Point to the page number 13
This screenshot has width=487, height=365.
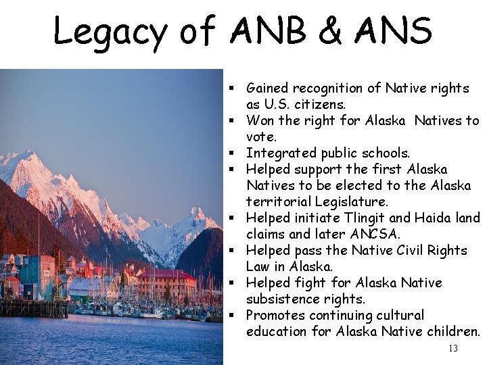[453, 349]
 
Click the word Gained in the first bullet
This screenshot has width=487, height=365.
[266, 88]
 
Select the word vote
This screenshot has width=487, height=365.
[261, 137]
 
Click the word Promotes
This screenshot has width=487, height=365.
[275, 315]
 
